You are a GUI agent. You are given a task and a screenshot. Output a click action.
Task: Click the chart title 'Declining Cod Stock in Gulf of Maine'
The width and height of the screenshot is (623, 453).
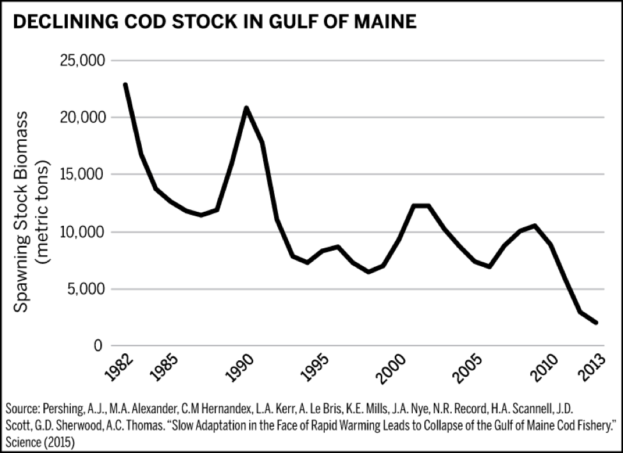click(215, 22)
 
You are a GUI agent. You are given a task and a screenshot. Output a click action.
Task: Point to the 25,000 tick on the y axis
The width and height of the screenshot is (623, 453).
click(82, 61)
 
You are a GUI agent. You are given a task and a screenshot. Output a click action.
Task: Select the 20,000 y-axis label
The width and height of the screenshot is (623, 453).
click(82, 118)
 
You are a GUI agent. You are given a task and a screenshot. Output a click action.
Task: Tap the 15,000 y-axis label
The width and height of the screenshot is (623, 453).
click(82, 175)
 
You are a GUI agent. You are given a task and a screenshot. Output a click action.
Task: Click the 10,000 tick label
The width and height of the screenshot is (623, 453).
click(82, 232)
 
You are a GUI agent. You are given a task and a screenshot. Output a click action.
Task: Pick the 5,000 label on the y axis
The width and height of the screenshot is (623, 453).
click(86, 289)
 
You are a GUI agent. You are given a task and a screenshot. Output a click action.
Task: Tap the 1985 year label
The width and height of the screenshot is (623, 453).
click(164, 369)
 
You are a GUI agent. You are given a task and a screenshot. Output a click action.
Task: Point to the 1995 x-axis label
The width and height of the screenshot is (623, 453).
click(315, 369)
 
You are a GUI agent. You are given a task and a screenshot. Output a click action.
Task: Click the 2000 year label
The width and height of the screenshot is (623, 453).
click(392, 369)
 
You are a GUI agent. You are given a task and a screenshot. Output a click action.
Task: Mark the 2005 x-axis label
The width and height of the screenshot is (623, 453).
click(468, 369)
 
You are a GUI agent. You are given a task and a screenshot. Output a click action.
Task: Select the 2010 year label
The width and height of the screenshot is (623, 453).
click(545, 369)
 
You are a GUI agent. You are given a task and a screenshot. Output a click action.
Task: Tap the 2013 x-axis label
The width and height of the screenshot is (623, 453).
click(591, 369)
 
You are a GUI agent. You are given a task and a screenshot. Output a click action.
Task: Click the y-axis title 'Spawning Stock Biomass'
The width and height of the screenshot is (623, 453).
click(22, 212)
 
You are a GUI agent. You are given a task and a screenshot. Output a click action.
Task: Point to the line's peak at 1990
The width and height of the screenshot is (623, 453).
click(247, 107)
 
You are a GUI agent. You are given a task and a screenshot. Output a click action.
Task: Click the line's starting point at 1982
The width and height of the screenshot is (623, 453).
click(125, 84)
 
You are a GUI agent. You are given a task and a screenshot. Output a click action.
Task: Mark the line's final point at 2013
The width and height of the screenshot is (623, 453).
click(596, 322)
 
